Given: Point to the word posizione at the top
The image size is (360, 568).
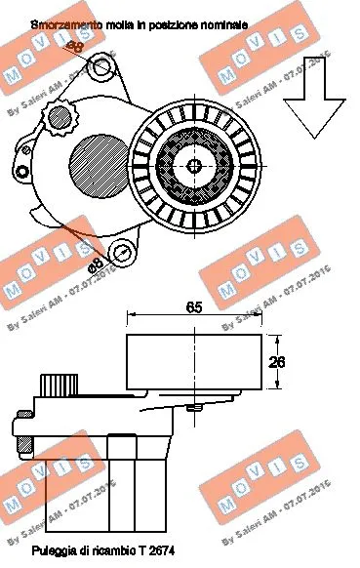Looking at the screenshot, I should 165,20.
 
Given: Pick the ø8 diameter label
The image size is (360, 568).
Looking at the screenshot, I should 95,264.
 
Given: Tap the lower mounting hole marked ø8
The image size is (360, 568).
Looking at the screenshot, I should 123,254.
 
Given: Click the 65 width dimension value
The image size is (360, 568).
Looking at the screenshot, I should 194,308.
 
